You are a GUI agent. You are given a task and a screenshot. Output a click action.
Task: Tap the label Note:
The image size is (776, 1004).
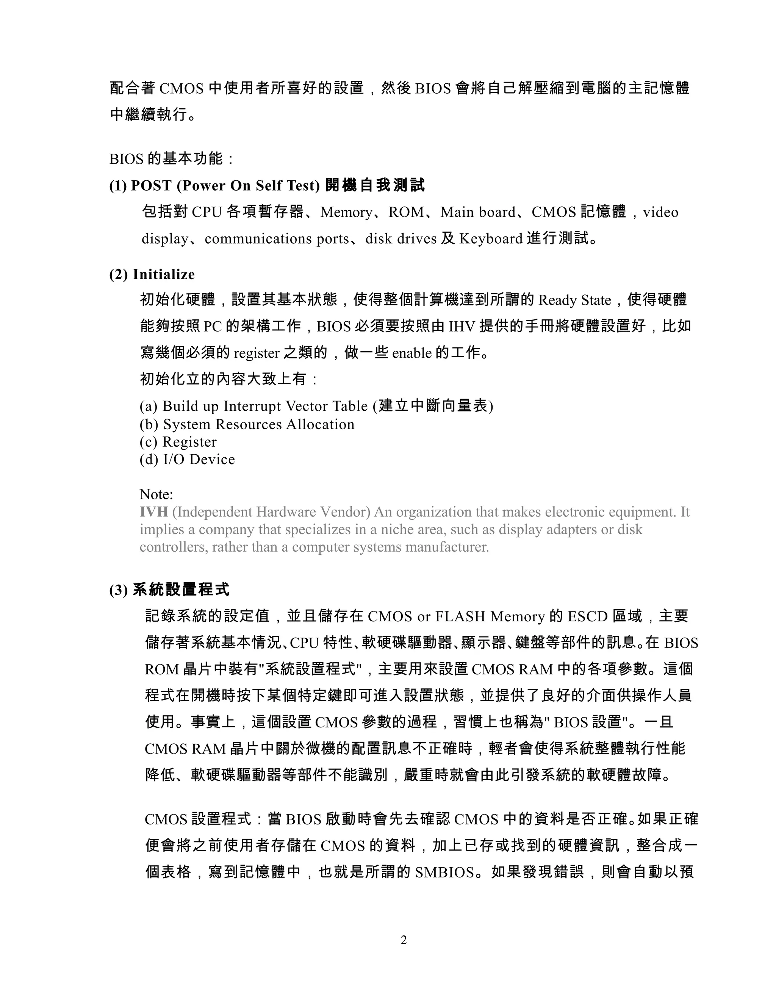(156, 495)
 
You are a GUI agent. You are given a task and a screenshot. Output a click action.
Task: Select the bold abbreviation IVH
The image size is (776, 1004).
(153, 512)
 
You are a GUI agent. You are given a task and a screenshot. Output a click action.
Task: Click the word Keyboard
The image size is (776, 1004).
(491, 239)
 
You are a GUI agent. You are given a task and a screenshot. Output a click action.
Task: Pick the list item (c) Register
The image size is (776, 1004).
(178, 442)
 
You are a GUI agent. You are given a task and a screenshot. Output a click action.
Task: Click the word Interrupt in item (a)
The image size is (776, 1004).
(252, 407)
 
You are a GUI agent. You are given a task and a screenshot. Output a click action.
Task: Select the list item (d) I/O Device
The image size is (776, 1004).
(187, 459)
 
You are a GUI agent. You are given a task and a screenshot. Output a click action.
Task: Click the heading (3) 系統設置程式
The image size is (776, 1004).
(169, 590)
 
